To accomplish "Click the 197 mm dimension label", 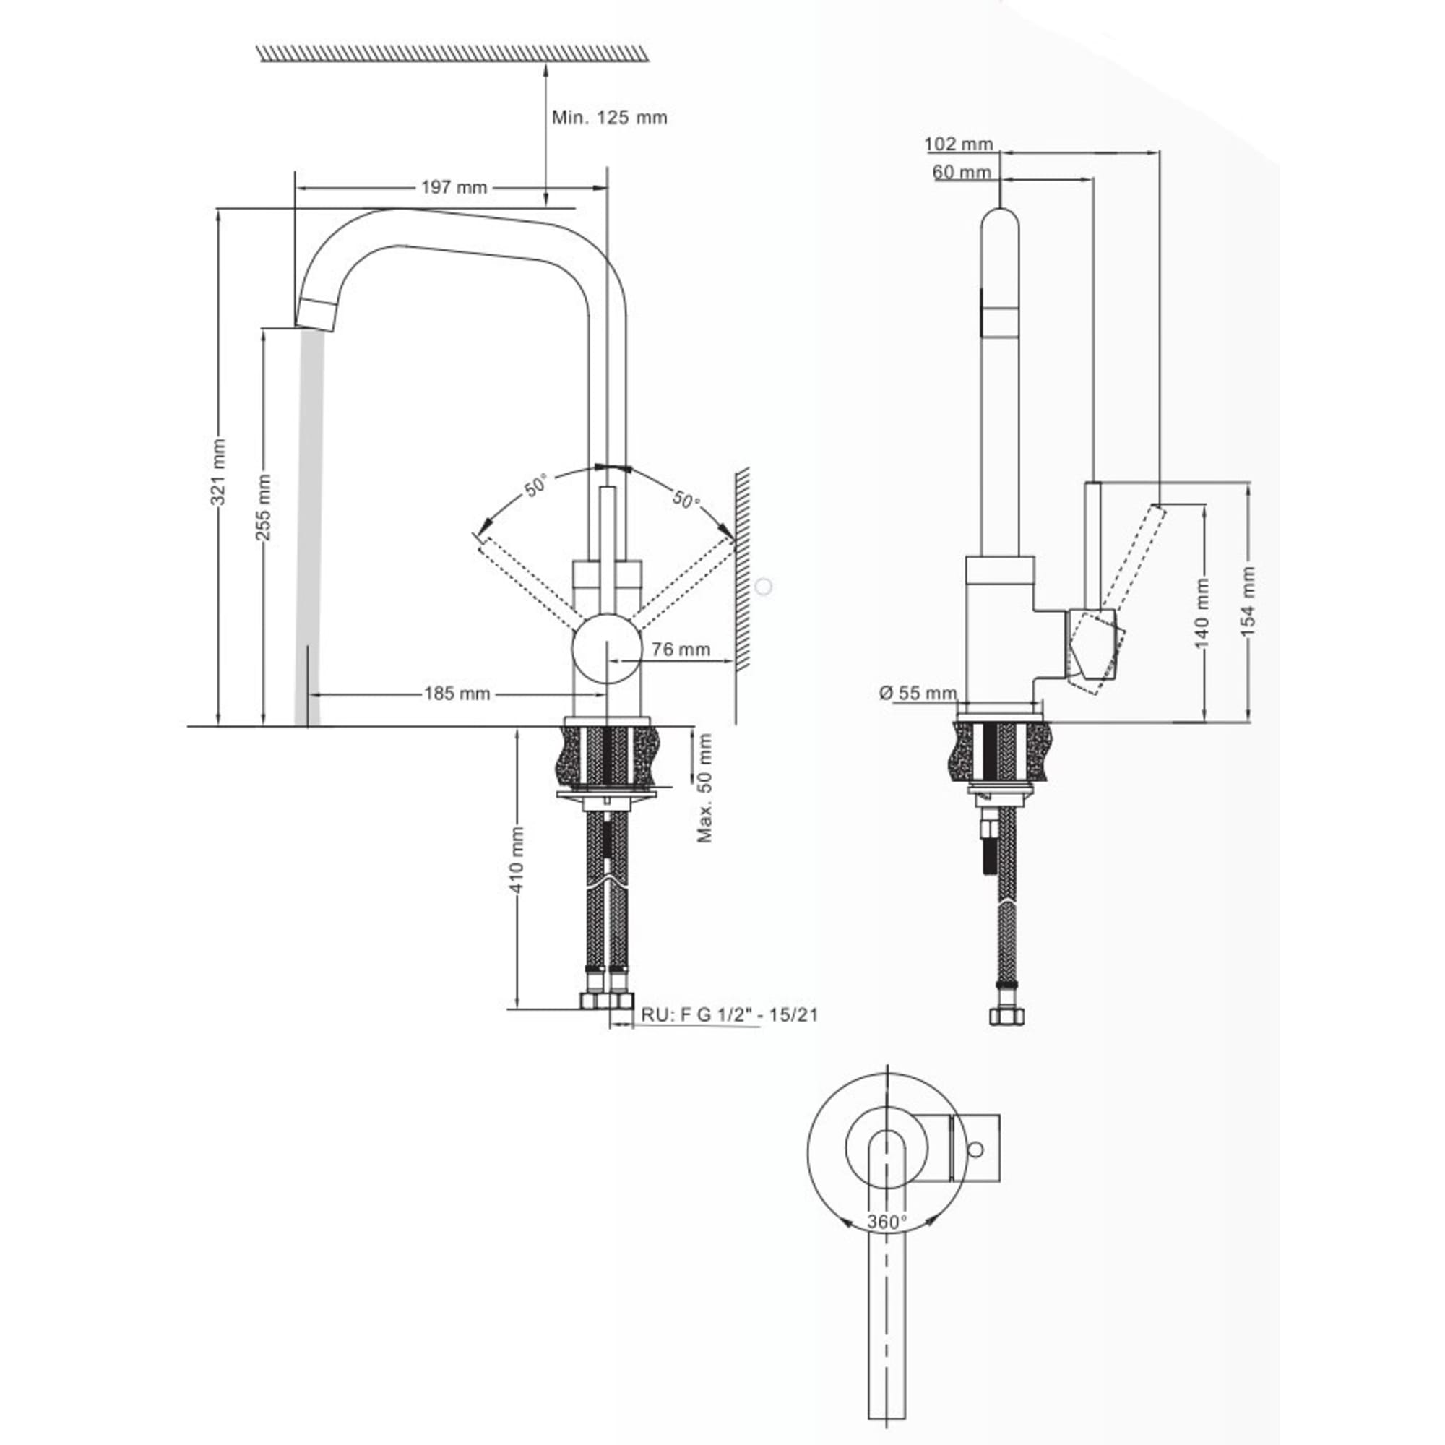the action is tap(454, 187).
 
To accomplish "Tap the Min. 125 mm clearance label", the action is tap(610, 118).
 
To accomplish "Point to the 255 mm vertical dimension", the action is tap(263, 507).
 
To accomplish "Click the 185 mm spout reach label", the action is tap(457, 694).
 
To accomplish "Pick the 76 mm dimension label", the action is tap(681, 650).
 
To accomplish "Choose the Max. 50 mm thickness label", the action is tap(704, 788).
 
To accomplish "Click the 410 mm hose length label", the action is tap(517, 860).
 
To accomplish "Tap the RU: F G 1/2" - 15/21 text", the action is tap(729, 1015).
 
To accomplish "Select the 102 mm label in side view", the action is tap(959, 144).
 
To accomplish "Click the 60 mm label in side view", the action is tap(962, 172).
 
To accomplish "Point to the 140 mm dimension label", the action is tap(1202, 613).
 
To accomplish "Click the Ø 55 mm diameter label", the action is tap(918, 694).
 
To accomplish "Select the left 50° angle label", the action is tap(535, 486).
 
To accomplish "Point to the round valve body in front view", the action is tap(607, 650).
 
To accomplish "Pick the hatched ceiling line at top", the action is tap(452, 52).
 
